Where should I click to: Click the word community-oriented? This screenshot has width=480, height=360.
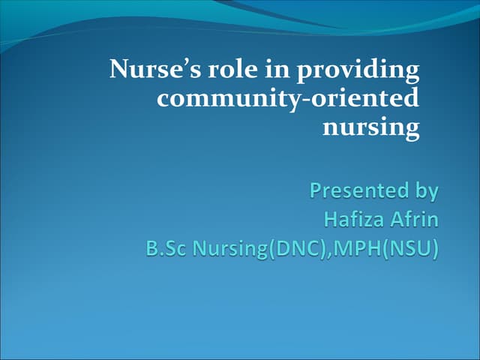(288, 99)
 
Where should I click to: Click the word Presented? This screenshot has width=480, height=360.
(358, 190)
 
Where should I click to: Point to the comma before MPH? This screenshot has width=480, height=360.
(322, 254)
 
